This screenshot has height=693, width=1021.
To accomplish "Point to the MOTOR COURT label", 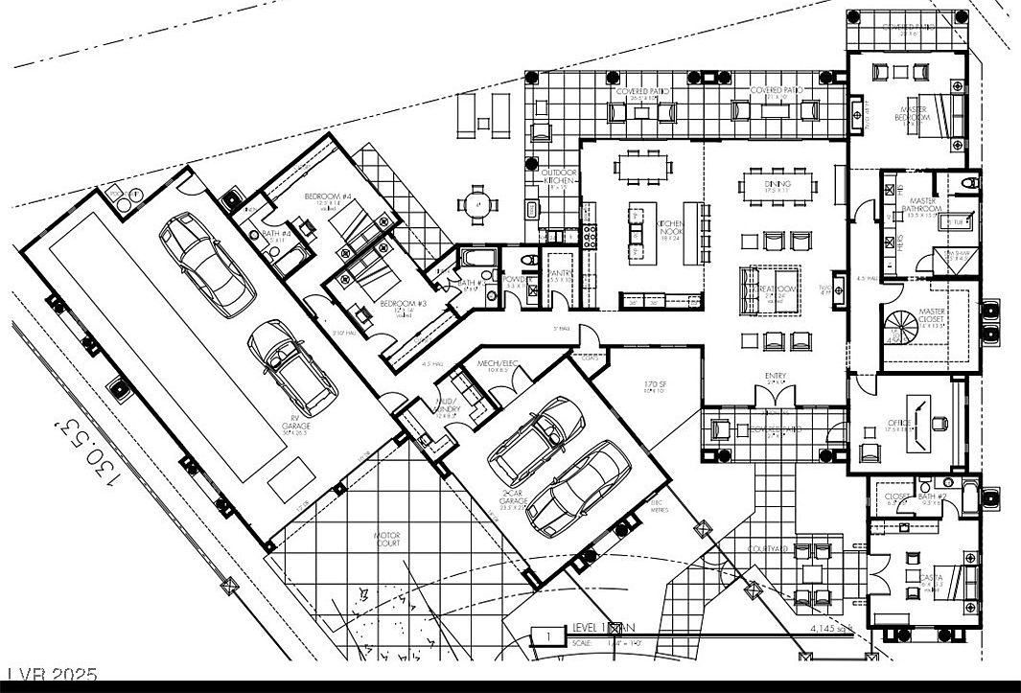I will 387,539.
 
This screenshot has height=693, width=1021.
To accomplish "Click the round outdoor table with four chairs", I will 476,203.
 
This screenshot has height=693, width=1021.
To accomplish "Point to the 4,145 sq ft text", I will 830,629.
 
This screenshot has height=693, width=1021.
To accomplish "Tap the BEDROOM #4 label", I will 328,196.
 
